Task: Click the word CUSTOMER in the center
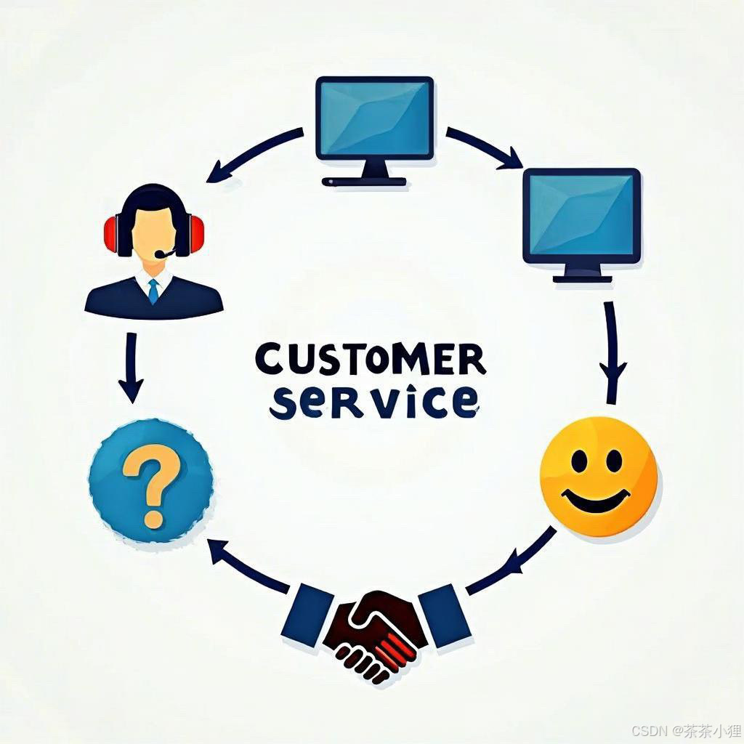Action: [x=370, y=358]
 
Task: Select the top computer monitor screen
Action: [x=374, y=118]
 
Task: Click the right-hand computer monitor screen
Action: [x=581, y=215]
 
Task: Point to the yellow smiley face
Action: [x=598, y=476]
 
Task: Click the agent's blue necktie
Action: [x=153, y=291]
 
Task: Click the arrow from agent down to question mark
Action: [x=131, y=367]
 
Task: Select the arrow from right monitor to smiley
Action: [x=612, y=352]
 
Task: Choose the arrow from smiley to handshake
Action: [x=512, y=562]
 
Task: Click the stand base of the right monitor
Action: [x=582, y=277]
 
